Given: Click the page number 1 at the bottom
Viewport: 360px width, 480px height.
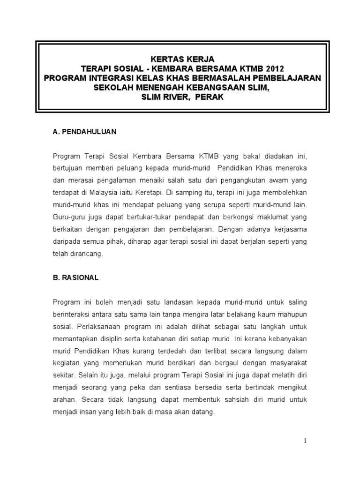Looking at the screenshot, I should tap(305, 440).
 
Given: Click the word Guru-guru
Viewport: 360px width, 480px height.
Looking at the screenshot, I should tap(68, 217).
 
